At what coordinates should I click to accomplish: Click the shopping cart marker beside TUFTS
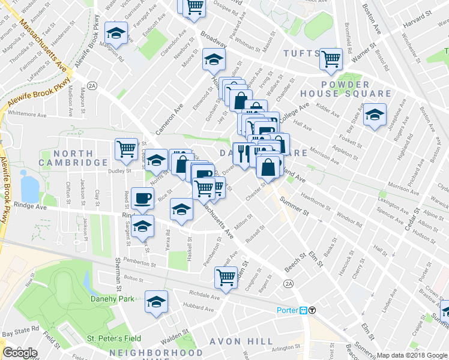331,59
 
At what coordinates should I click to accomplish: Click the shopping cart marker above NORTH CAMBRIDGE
126,149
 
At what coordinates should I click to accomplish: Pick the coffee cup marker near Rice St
142,198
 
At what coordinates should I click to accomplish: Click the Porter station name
287,310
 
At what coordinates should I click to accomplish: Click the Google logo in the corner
20,352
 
